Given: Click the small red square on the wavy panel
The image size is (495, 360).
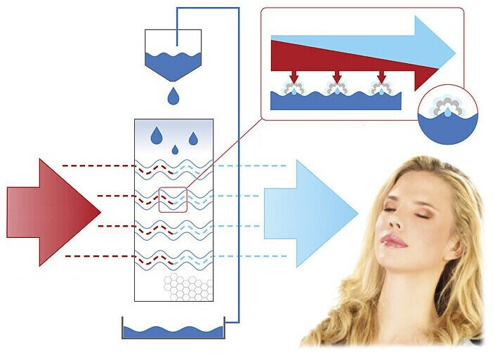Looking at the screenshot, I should (x=173, y=200).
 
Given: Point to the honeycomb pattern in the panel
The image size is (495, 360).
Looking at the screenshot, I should (x=187, y=286).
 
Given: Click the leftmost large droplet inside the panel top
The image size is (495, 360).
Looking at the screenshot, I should (x=156, y=134).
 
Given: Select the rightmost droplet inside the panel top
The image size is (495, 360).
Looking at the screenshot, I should (x=193, y=138).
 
